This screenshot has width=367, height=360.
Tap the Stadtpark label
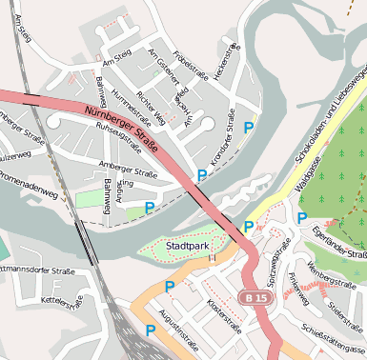pyautogui.click(x=187, y=246)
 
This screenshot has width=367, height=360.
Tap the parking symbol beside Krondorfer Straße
pyautogui.click(x=249, y=127)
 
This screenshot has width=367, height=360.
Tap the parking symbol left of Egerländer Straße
pyautogui.click(x=301, y=218)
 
